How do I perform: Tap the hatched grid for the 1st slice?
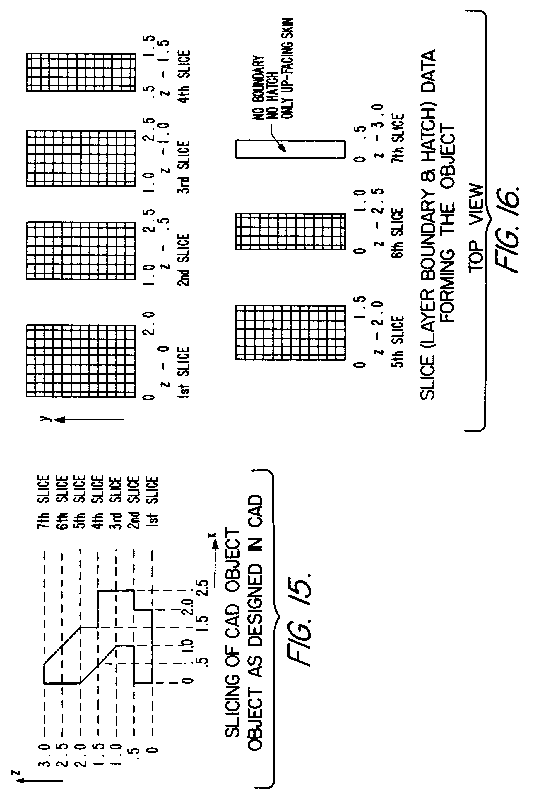tap(81, 361)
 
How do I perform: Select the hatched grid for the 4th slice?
tap(81, 72)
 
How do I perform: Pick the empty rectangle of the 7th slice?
tap(290, 149)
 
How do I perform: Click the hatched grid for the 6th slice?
tap(290, 231)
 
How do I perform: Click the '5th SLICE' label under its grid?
tap(397, 342)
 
